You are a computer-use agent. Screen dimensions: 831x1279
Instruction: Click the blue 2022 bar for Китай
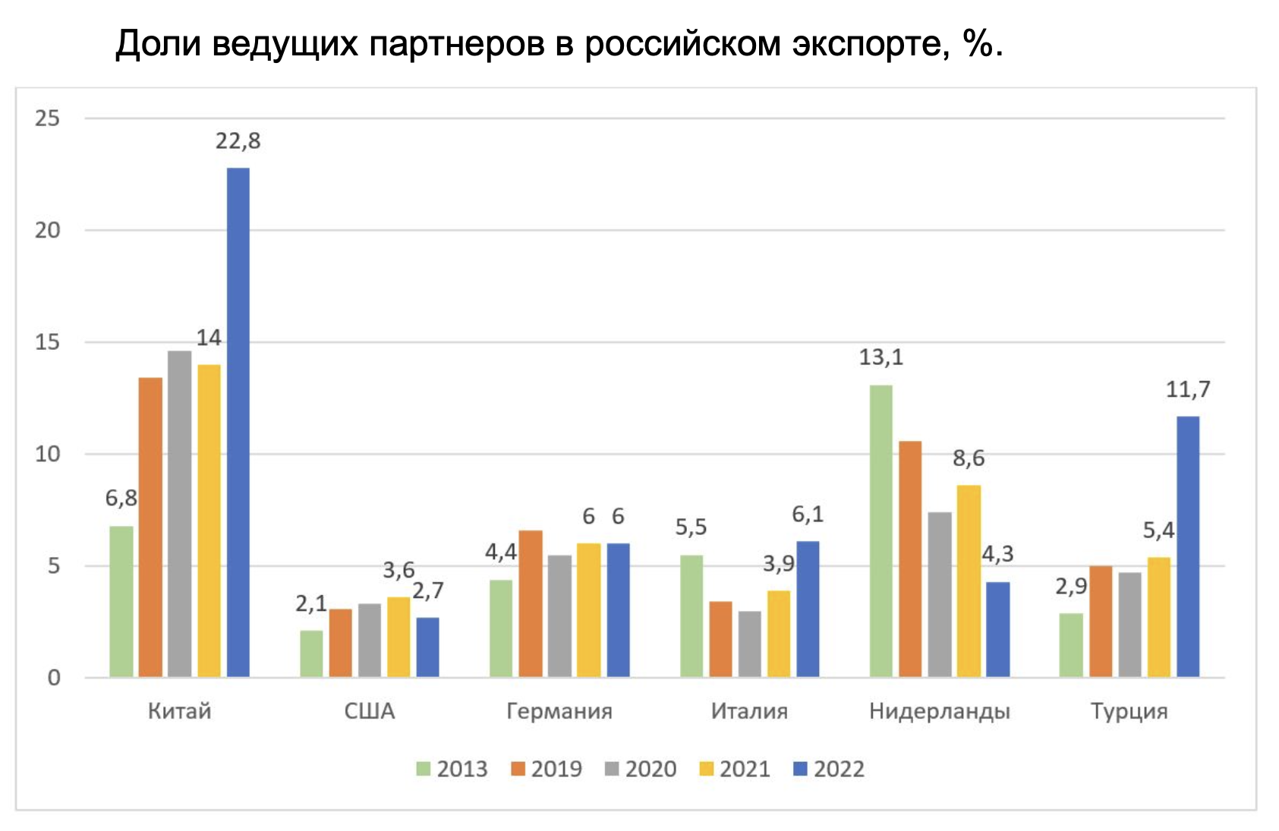pos(238,422)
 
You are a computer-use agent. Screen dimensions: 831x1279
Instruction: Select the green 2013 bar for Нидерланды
pos(881,531)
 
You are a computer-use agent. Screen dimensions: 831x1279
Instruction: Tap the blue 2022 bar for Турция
pos(1188,546)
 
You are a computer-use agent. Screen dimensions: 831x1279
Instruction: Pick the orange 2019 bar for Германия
pos(531,603)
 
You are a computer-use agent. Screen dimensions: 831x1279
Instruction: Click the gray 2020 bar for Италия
pos(750,644)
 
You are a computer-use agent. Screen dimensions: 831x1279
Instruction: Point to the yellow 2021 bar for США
pos(399,637)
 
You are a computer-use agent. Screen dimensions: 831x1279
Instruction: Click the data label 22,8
pos(238,141)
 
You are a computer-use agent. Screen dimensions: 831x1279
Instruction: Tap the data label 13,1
pos(881,357)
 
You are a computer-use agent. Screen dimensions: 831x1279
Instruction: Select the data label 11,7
pos(1188,390)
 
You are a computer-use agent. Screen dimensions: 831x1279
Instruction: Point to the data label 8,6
pos(969,458)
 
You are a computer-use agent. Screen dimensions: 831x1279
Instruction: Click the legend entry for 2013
pos(452,769)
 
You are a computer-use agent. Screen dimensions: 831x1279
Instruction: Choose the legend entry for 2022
pos(829,769)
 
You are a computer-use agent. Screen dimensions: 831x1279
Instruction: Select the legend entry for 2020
pos(641,769)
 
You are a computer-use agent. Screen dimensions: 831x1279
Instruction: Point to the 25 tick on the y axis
pos(47,118)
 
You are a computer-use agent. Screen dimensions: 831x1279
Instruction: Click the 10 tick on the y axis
pos(47,454)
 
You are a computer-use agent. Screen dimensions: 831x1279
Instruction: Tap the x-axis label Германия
pos(559,711)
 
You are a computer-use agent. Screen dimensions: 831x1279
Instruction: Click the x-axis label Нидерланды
pos(940,711)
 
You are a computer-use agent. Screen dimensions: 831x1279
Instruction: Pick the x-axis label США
pos(370,711)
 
